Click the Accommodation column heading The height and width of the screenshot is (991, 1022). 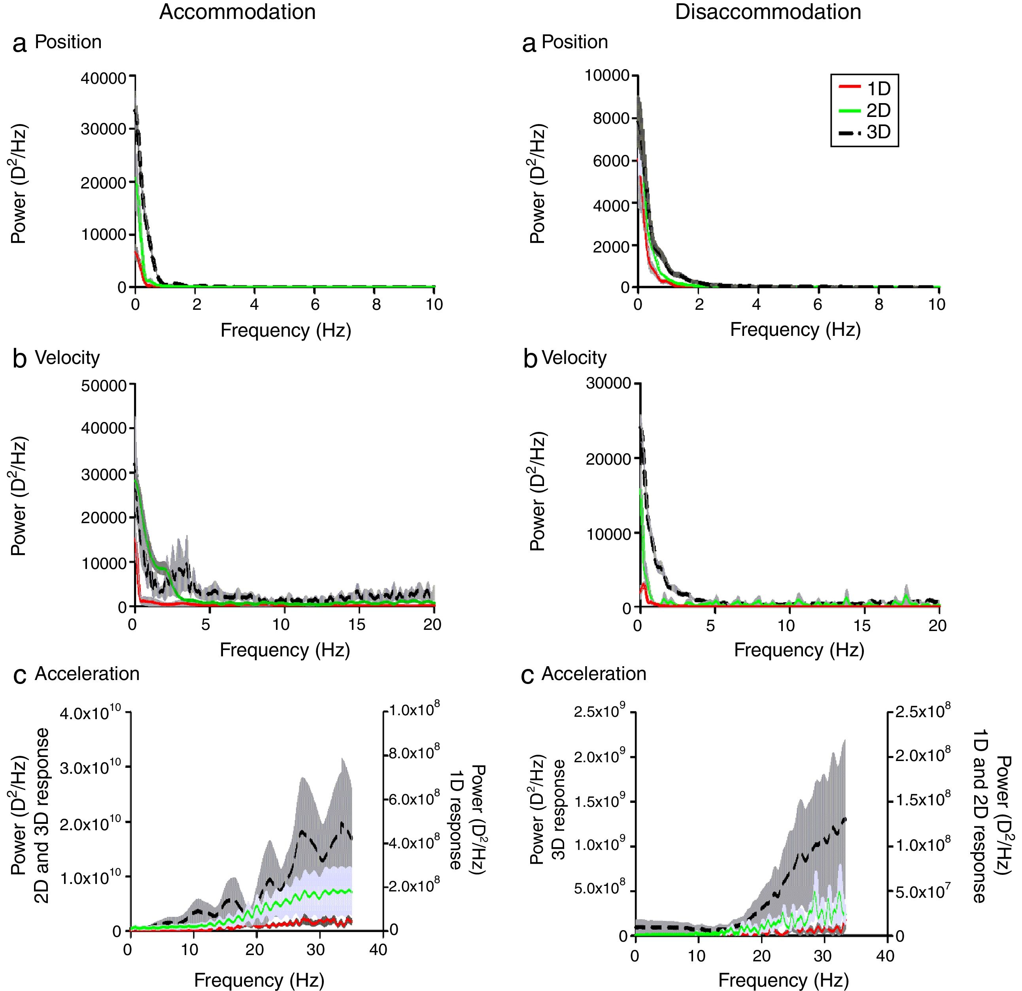[x=237, y=12]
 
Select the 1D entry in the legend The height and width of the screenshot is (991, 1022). [x=878, y=89]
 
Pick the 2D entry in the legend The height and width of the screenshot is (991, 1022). [x=878, y=111]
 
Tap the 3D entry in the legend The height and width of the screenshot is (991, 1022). [x=878, y=132]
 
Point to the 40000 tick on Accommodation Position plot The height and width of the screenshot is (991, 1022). [x=103, y=78]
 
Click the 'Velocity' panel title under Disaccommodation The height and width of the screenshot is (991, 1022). [x=574, y=358]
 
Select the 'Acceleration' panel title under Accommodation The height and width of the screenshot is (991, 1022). [x=87, y=674]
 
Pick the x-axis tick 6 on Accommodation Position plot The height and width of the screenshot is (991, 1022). [x=315, y=305]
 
